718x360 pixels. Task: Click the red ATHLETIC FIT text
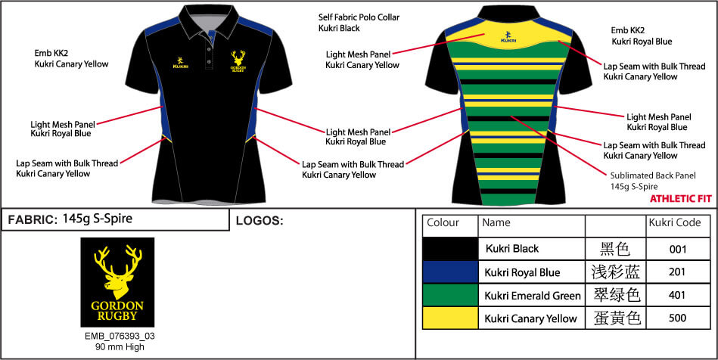(677, 200)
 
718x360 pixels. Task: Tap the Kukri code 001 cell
(677, 249)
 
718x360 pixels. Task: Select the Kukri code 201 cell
(677, 272)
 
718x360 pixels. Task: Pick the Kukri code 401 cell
(677, 295)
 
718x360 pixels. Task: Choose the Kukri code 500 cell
(677, 318)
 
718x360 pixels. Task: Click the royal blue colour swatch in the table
(450, 272)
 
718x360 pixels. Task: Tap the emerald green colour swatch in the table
(450, 295)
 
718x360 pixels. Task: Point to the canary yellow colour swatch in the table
(450, 318)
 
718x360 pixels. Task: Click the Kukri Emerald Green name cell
(532, 295)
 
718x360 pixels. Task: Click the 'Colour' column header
(443, 223)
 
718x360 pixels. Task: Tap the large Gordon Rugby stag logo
(117, 282)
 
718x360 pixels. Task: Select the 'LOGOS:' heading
(259, 221)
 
